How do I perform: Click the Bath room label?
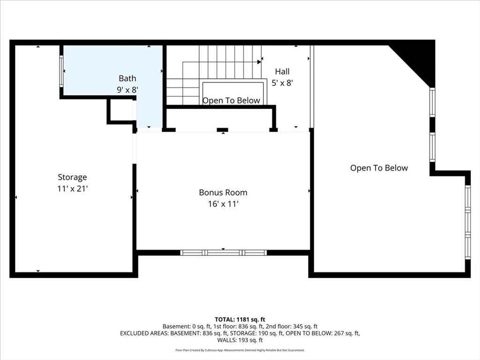tap(127, 78)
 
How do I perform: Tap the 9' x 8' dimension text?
tap(127, 90)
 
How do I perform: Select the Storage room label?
tap(72, 177)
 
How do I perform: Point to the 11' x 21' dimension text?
tap(73, 188)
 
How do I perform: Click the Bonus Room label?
tap(223, 193)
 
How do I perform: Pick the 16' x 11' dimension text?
tap(223, 204)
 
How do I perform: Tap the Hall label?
tap(282, 72)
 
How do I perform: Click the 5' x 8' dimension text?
tap(282, 83)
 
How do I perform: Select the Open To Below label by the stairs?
tap(231, 100)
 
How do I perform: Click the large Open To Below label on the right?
tap(379, 168)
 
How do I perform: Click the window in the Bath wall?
tap(61, 71)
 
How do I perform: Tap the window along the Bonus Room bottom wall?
tap(223, 253)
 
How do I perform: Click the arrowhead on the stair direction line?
tap(259, 62)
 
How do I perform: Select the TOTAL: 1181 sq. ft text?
tap(240, 320)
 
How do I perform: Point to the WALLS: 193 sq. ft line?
tap(240, 340)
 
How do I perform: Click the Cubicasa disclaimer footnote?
tap(240, 350)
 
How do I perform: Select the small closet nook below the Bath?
tap(121, 110)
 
